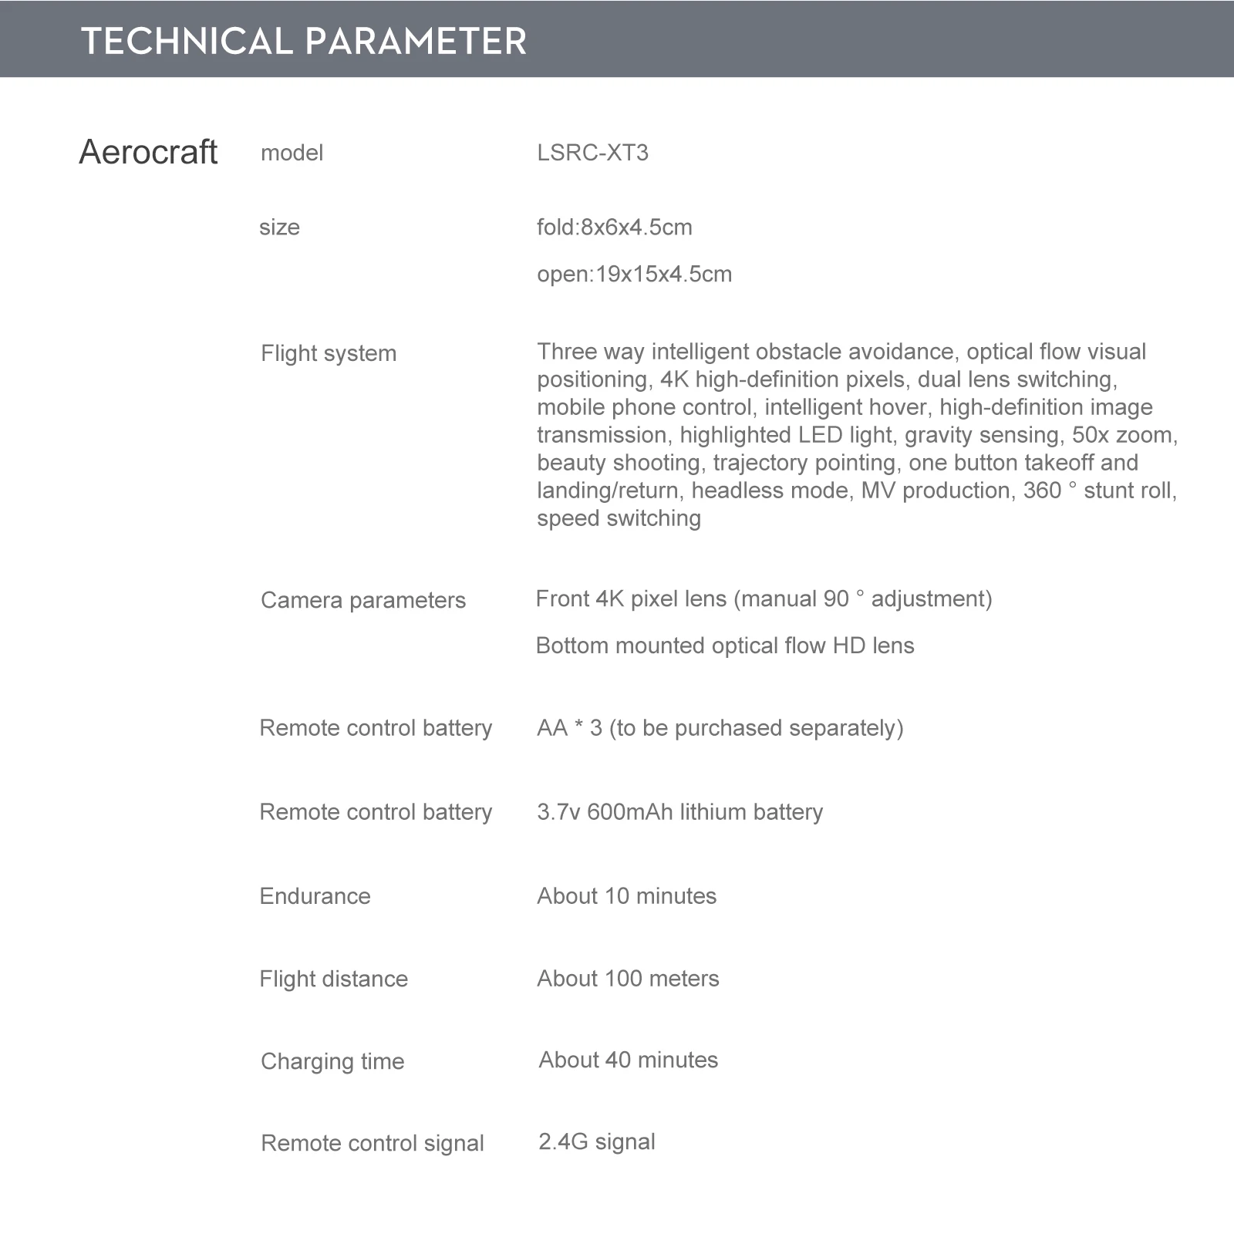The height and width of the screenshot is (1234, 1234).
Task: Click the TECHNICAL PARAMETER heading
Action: (304, 41)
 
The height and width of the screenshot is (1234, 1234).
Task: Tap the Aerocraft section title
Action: (148, 152)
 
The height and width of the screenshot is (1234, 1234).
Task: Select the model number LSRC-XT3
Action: (592, 153)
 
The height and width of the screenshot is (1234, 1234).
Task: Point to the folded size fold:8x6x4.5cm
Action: (614, 228)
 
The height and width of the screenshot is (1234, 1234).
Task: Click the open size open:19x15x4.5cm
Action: (634, 275)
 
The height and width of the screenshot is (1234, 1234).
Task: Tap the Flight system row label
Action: (329, 353)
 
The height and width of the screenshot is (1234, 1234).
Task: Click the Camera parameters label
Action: (362, 600)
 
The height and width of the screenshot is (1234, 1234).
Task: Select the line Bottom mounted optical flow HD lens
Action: (724, 646)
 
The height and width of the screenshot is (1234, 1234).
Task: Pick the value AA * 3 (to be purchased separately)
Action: (720, 728)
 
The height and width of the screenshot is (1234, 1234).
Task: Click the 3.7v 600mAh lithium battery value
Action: (679, 812)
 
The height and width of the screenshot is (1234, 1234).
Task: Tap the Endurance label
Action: (315, 896)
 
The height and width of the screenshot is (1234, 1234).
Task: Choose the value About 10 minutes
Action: (626, 896)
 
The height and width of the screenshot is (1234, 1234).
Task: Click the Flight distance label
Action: (333, 979)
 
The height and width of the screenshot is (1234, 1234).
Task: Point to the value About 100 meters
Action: (628, 979)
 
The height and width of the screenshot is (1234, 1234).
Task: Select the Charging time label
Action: (332, 1062)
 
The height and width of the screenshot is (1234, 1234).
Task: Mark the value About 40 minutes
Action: (628, 1060)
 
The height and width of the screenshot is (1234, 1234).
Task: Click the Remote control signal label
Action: (373, 1143)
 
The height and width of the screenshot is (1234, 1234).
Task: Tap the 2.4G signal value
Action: (596, 1142)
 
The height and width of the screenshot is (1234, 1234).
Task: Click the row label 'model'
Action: (292, 153)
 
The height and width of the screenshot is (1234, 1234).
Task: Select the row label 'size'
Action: (279, 228)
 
